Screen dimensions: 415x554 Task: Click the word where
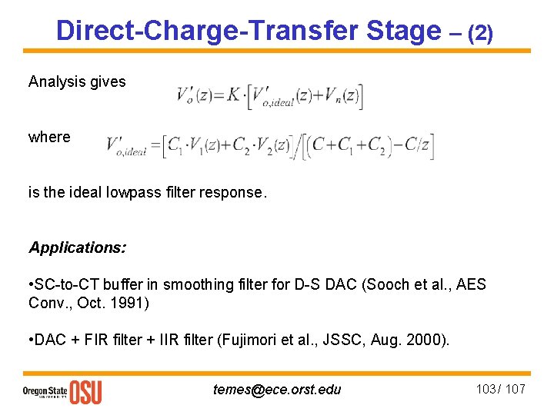pos(49,137)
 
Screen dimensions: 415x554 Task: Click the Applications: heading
pos(78,247)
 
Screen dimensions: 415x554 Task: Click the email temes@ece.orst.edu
pos(276,389)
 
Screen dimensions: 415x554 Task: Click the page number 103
pos(486,389)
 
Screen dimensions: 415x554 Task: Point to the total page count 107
pos(516,389)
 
